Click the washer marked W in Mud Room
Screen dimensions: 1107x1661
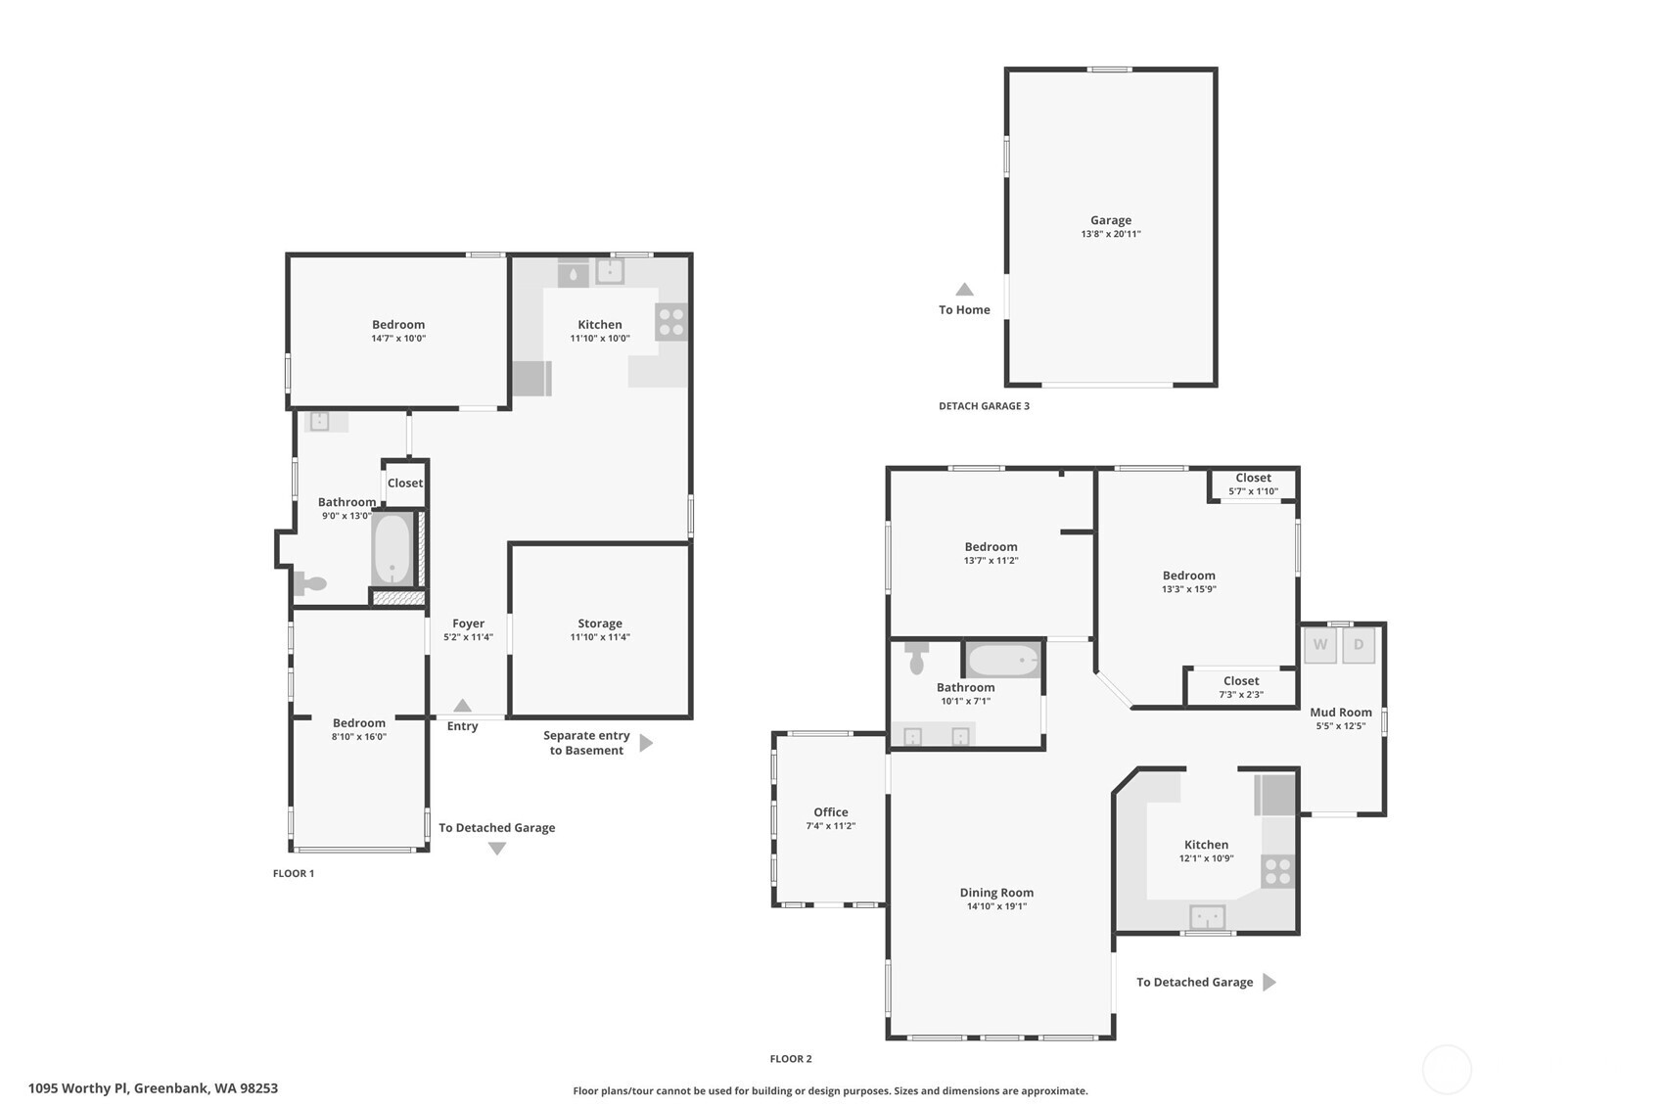[1320, 645]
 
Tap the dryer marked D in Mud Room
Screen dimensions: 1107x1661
[1359, 645]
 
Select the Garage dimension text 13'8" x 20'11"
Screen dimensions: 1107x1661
[1111, 234]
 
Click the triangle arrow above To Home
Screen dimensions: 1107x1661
[964, 290]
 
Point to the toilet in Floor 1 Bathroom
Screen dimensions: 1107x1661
[310, 583]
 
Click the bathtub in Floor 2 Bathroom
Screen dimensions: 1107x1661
[1002, 661]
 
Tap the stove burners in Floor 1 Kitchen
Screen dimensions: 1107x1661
[671, 322]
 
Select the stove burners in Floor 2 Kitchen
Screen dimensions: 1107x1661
[1277, 871]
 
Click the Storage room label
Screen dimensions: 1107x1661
[600, 623]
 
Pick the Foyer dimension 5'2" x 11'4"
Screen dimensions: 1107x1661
[468, 637]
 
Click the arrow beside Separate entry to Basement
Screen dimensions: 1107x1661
[646, 743]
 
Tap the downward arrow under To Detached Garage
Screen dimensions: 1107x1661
[497, 849]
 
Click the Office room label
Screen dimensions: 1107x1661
[831, 812]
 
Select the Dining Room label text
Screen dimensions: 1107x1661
[996, 893]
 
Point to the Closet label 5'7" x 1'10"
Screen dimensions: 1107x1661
[1253, 491]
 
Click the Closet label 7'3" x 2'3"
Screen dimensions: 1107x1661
[1241, 695]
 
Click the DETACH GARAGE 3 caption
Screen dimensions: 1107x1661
[984, 406]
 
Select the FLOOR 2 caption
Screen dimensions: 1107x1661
[791, 1059]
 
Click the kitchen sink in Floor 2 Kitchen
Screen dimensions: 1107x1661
[1207, 917]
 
